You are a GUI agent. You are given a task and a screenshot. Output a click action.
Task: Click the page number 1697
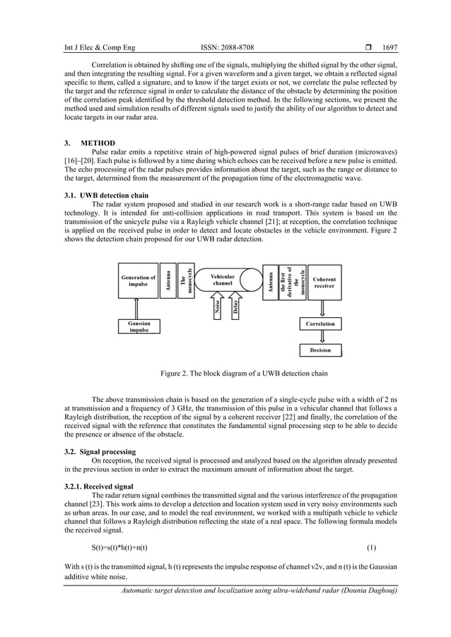pos(389,48)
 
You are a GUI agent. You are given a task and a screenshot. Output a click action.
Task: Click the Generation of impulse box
pos(139,281)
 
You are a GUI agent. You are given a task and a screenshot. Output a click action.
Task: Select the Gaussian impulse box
pos(139,326)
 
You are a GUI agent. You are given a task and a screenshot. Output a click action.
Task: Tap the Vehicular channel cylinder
pos(223,281)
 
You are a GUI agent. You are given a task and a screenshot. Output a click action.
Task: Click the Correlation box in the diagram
pos(320,324)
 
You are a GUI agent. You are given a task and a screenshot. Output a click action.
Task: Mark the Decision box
pos(320,350)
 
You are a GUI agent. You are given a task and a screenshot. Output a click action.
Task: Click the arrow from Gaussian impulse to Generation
pos(139,307)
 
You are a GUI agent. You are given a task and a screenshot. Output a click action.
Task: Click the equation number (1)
pos(371,548)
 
